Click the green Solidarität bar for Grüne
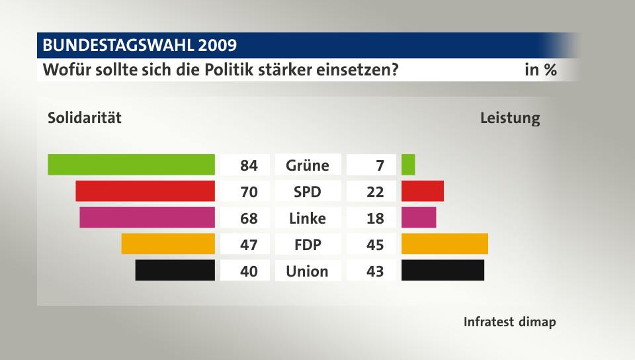131,164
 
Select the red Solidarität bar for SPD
145,191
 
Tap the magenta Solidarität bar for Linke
147,217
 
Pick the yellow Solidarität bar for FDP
168,244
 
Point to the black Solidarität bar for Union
175,270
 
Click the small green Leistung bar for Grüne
408,164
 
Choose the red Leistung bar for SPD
422,191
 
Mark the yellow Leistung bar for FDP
444,244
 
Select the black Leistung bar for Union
443,270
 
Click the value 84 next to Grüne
249,165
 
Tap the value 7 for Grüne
380,165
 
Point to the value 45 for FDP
375,244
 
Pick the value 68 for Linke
249,218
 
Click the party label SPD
307,191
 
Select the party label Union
307,271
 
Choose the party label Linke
307,218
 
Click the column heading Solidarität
85,119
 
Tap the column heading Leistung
510,119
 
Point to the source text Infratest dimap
509,322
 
